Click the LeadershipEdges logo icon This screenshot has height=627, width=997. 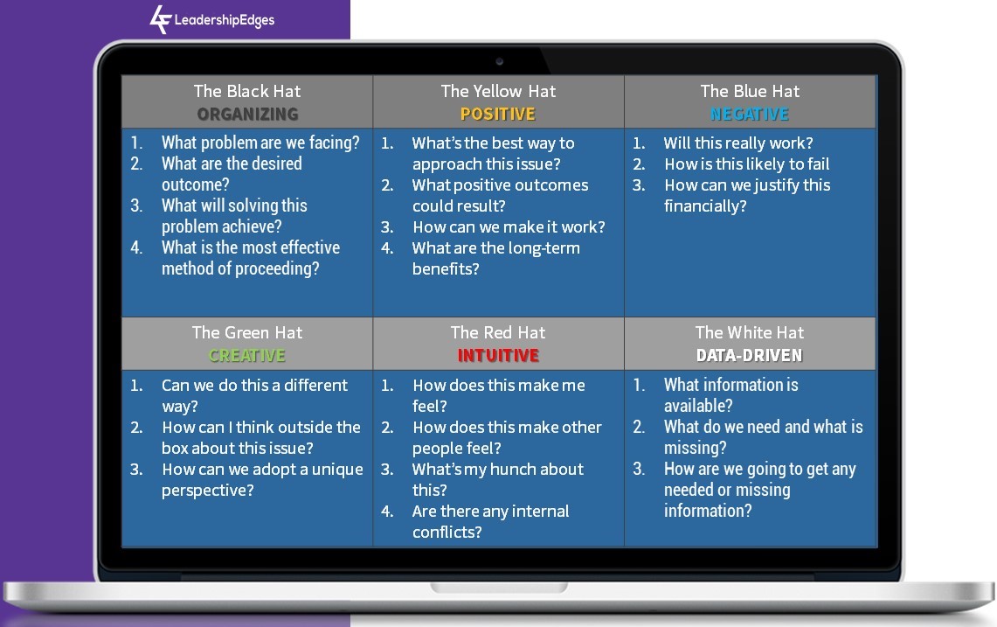coord(160,19)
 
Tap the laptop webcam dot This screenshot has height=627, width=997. coord(499,62)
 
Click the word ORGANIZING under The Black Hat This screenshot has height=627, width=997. coord(247,114)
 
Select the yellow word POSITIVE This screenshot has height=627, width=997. coord(498,114)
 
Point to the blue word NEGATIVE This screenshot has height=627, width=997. coord(750,114)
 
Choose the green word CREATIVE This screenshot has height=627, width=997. coord(247,355)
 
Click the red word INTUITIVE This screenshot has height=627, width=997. coord(498,355)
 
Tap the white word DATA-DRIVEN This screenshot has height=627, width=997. coord(750,355)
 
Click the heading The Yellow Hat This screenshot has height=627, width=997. coord(498,91)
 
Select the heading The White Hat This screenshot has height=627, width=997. coord(750,332)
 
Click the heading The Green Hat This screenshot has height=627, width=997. coord(247,332)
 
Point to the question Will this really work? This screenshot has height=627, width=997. coord(738,143)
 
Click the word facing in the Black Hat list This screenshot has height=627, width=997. coord(334,143)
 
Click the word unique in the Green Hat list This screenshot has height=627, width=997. coord(337,470)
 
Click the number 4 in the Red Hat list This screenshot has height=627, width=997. coord(387,512)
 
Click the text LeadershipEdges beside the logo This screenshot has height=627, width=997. coord(225,20)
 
